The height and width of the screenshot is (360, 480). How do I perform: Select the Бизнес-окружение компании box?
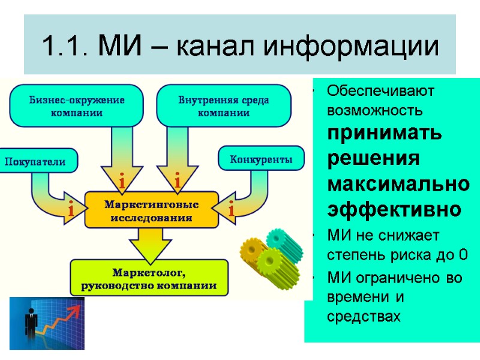(77, 106)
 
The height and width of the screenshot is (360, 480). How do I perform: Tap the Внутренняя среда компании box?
(224, 106)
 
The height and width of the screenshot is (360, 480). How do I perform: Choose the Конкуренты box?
(262, 160)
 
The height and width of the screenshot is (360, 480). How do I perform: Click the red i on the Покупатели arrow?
(71, 211)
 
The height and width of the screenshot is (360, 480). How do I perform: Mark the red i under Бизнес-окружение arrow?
(122, 181)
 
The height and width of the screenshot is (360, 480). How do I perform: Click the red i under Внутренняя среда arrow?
(178, 180)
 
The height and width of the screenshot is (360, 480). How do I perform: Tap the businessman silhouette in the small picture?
(27, 325)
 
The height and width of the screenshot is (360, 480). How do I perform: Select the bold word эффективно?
(395, 209)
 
